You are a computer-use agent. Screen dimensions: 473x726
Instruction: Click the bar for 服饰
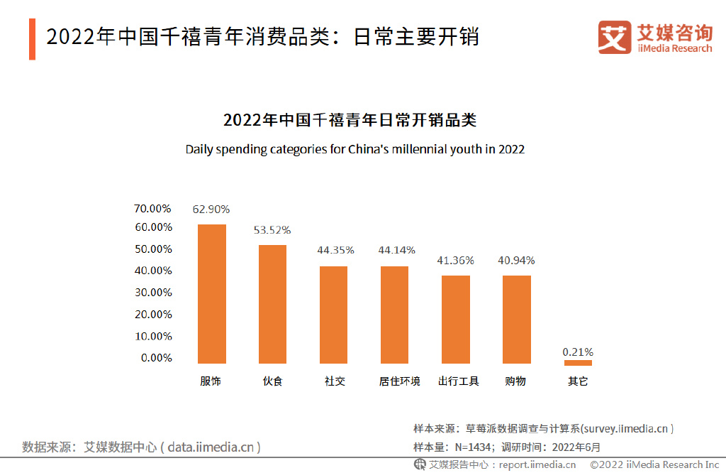pos(211,294)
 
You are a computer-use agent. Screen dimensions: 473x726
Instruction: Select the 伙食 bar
pos(272,304)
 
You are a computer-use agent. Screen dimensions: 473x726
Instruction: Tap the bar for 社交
pos(333,315)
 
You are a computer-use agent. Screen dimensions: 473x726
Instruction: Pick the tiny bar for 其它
pos(578,362)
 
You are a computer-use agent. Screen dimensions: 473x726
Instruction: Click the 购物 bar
pos(517,319)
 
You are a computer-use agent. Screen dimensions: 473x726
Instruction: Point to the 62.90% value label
pos(211,210)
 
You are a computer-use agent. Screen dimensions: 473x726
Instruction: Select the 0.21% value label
pos(578,352)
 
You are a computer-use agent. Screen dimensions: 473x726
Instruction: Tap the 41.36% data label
pos(456,261)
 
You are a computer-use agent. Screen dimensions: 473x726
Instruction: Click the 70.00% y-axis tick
pos(153,208)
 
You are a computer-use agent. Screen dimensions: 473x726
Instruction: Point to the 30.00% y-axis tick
pos(153,292)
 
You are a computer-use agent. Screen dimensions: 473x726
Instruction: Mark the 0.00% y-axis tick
pos(157,357)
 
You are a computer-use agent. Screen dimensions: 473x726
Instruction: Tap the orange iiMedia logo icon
pos(614,37)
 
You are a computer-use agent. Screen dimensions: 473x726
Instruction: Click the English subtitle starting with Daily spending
pos(354,150)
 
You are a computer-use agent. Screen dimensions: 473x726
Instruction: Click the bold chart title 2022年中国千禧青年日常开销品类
pos(350,120)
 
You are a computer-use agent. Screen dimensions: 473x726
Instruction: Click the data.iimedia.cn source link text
pos(214,447)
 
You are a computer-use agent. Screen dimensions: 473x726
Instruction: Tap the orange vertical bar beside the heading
pos(32,39)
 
